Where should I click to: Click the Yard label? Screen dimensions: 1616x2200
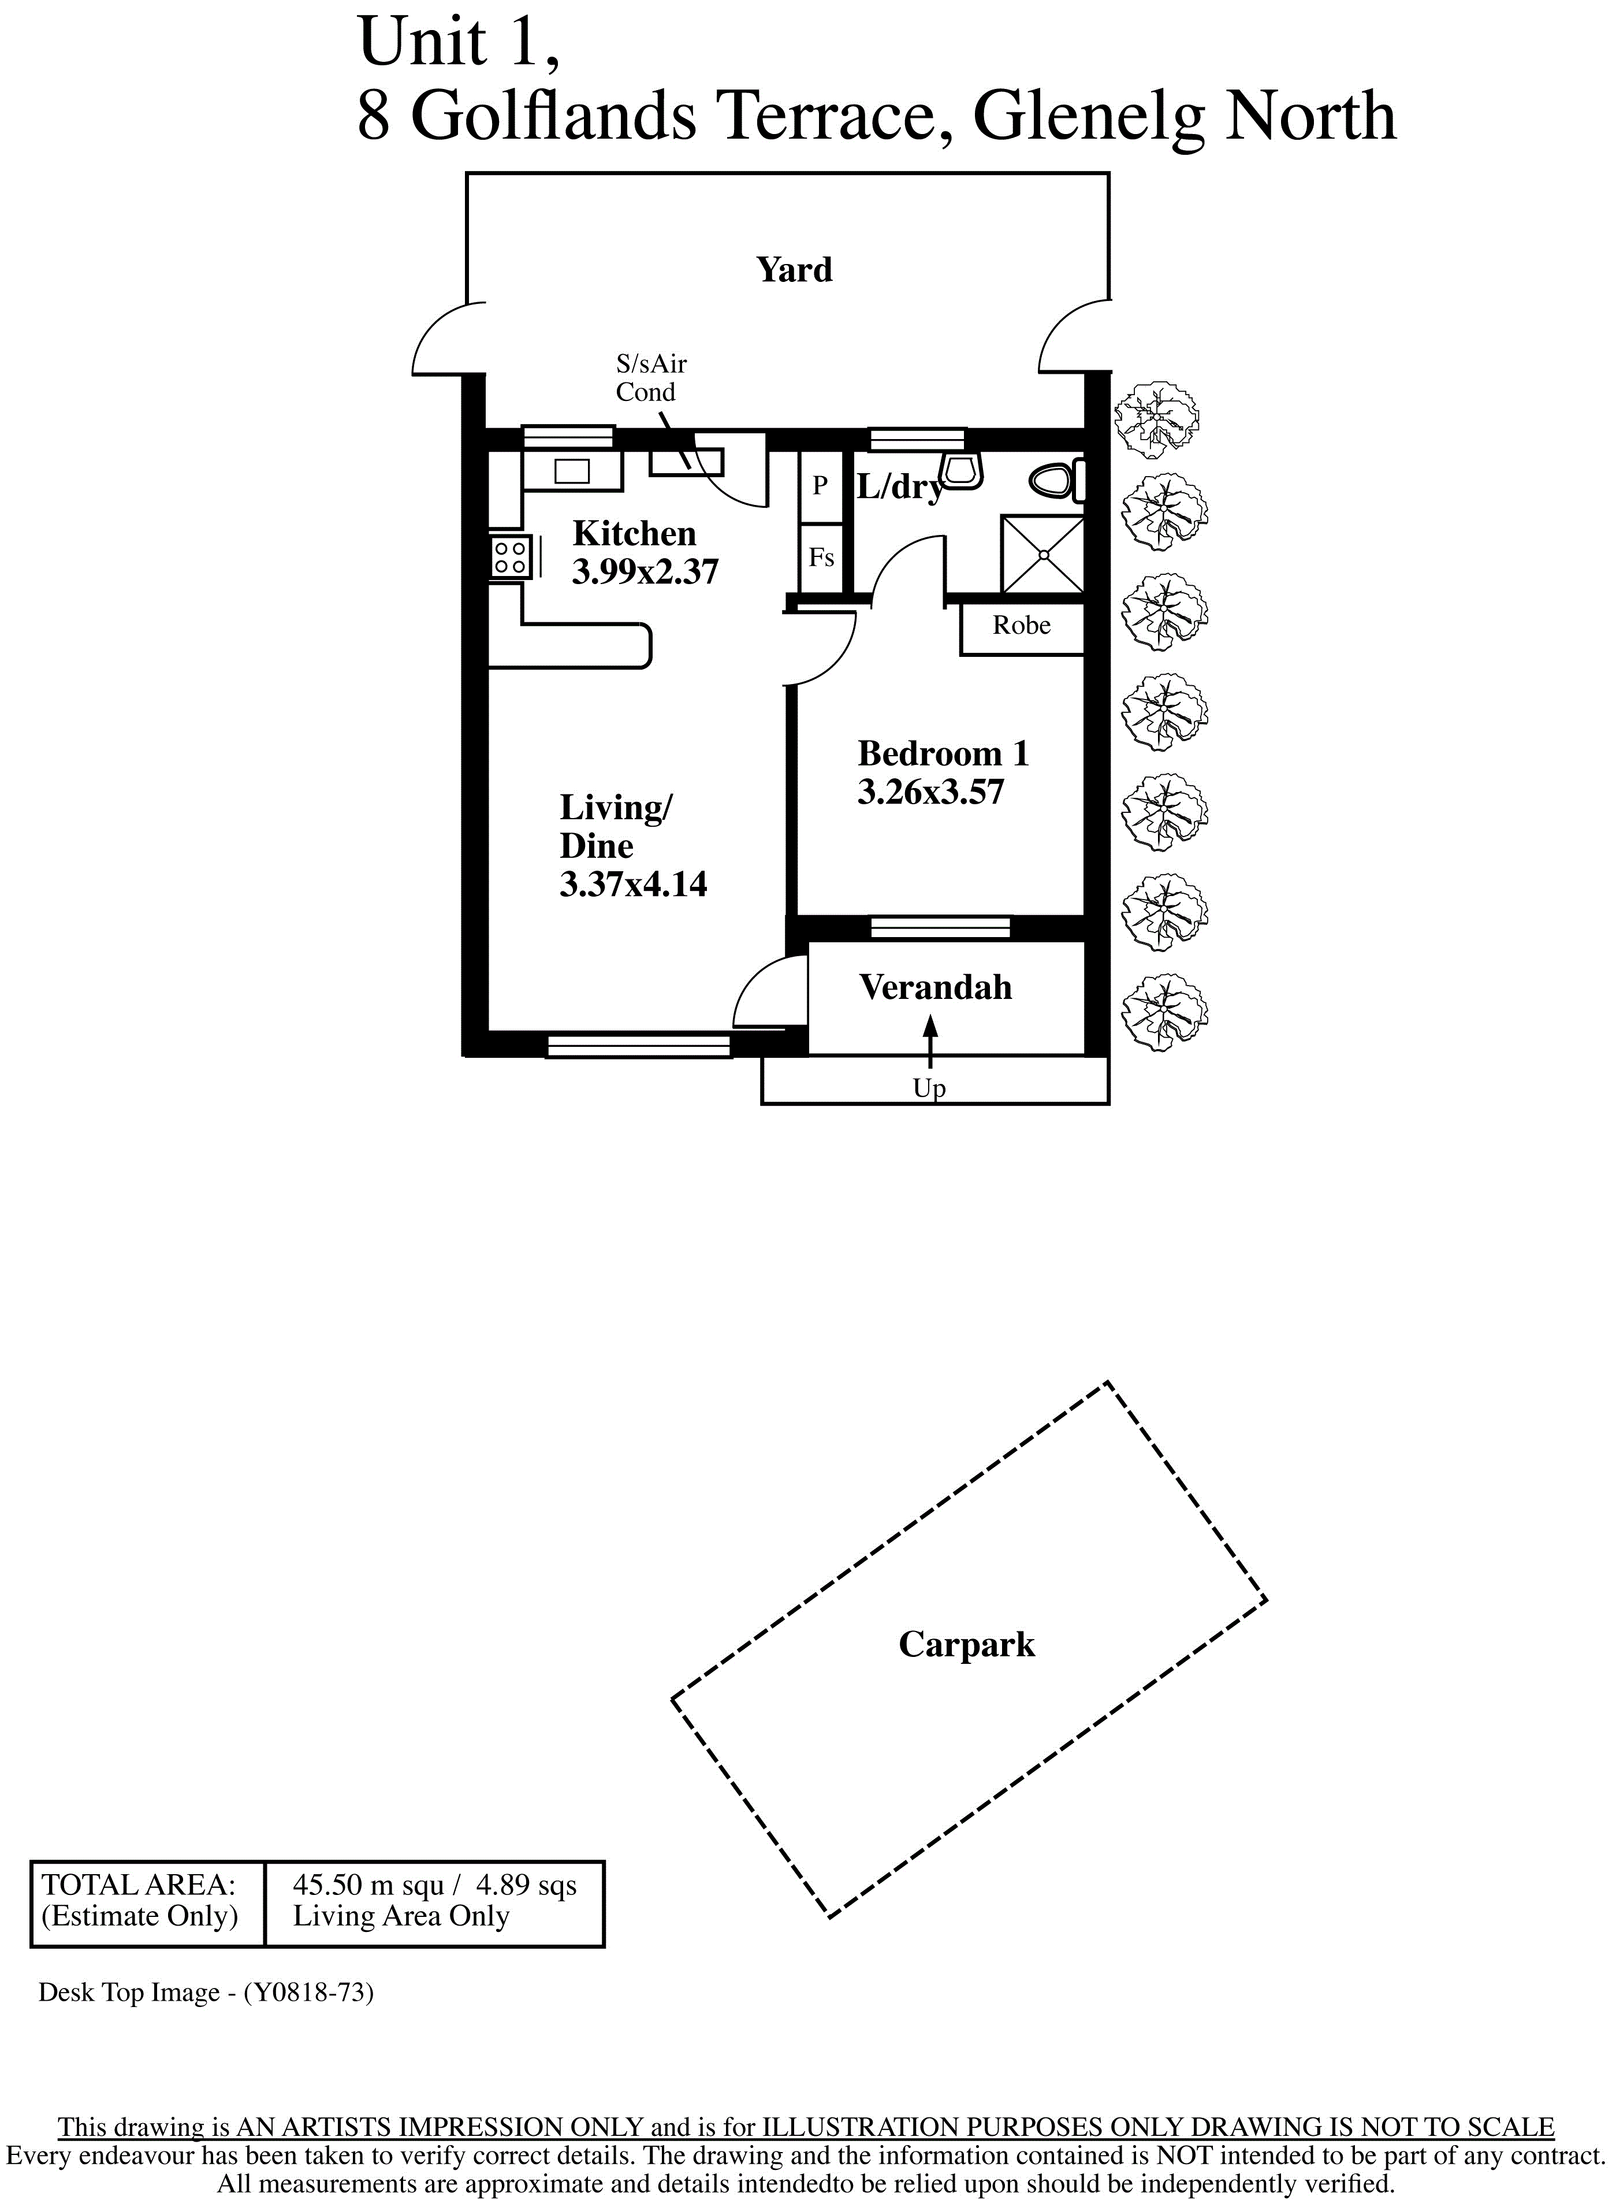click(x=794, y=270)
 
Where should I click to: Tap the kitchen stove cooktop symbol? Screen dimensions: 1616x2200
click(x=509, y=558)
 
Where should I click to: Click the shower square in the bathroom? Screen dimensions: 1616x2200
click(x=1042, y=555)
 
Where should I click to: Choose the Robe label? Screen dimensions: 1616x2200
click(x=1021, y=625)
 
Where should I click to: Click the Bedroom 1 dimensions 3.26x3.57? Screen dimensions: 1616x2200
click(x=930, y=791)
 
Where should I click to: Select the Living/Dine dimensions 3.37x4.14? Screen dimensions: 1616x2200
click(x=633, y=885)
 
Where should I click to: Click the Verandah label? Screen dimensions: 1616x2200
click(x=935, y=987)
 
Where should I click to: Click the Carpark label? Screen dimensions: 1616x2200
click(x=966, y=1644)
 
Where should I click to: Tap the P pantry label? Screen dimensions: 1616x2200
click(x=820, y=485)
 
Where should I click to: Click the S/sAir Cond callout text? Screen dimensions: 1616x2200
click(x=650, y=378)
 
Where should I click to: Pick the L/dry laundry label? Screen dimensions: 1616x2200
click(x=900, y=486)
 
